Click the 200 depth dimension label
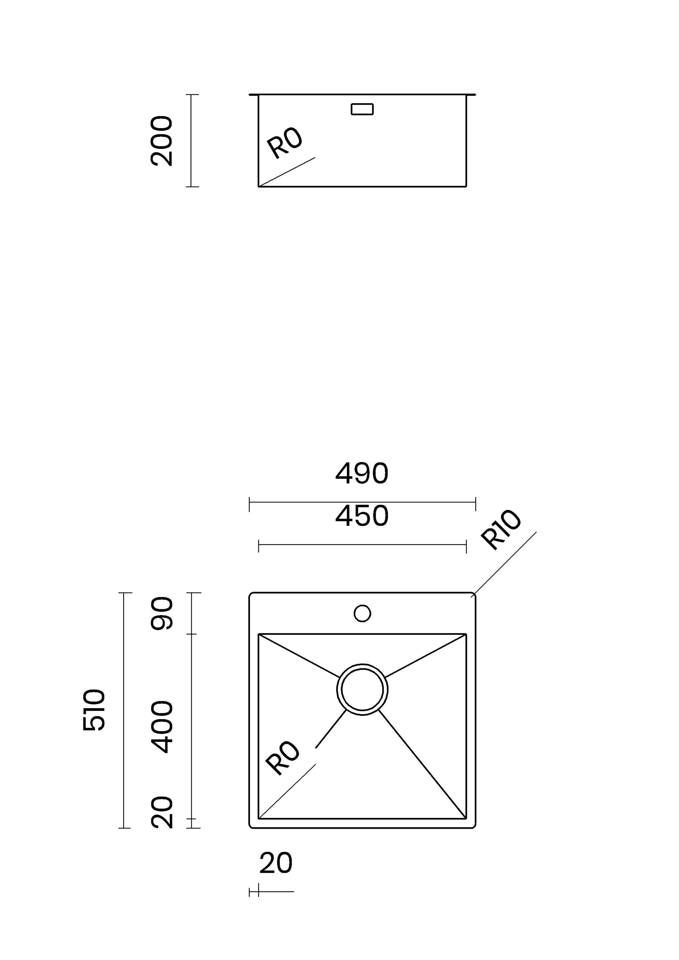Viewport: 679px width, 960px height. click(161, 141)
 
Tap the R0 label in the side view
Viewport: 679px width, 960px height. click(284, 143)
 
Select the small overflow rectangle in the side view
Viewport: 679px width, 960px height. click(362, 109)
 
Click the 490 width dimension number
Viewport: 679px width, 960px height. click(362, 473)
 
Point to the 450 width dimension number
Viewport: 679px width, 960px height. click(362, 516)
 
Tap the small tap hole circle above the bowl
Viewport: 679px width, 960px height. click(362, 613)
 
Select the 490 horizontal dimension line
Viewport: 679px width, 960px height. click(362, 502)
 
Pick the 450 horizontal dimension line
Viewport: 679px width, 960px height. click(362, 545)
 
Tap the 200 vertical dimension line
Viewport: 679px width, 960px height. click(191, 140)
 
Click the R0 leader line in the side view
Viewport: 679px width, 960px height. click(287, 172)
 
